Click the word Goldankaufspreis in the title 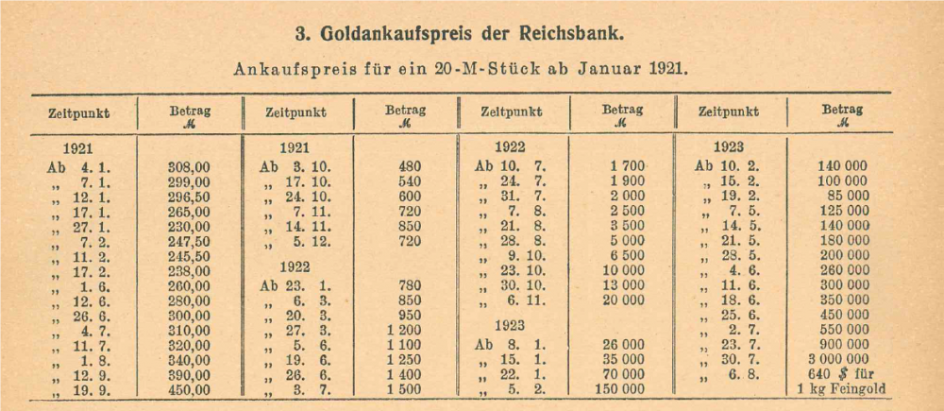click(409, 34)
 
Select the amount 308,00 click(188, 166)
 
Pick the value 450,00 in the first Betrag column click(188, 389)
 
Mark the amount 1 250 click(401, 360)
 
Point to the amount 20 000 click(620, 300)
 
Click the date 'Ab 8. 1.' click(511, 345)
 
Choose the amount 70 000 click(620, 374)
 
